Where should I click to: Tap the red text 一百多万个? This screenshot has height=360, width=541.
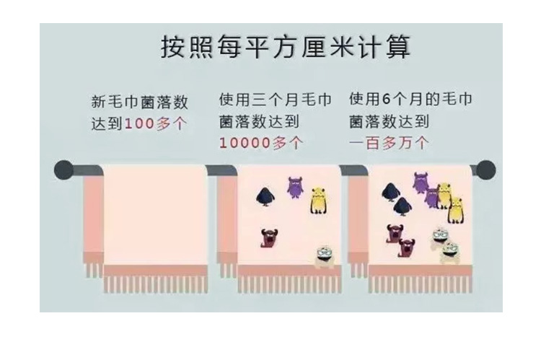(x=389, y=143)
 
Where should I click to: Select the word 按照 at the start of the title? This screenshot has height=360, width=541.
(x=181, y=48)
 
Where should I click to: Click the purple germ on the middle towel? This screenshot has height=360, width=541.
(x=296, y=188)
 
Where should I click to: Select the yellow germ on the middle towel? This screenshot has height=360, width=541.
(x=319, y=201)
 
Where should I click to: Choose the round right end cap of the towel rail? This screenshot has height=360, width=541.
(x=485, y=170)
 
